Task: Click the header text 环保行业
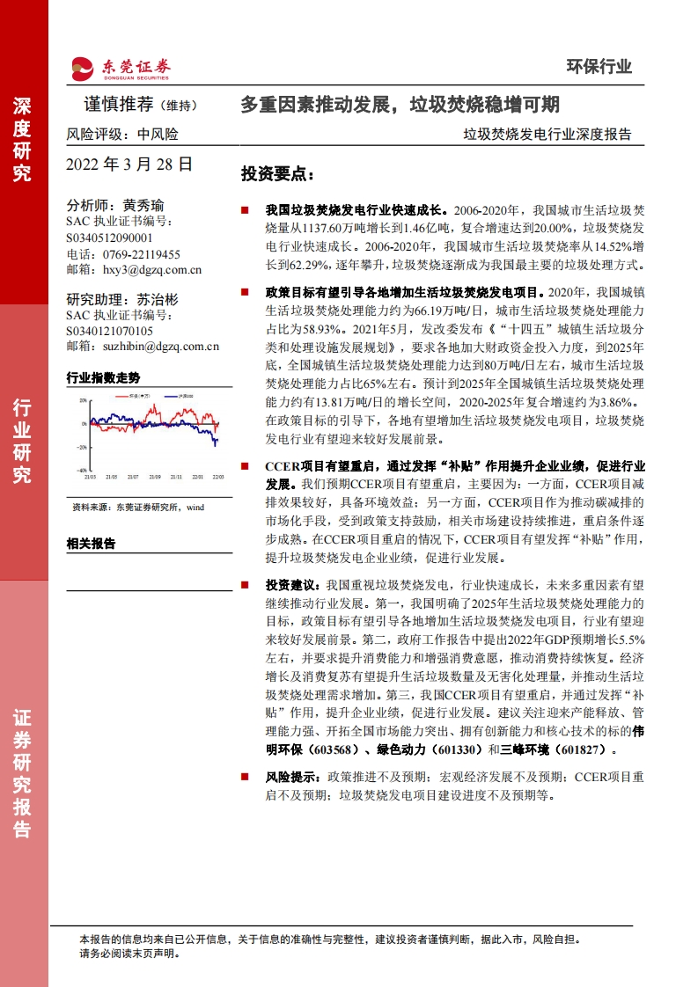click(x=598, y=66)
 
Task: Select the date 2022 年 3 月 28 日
click(x=129, y=164)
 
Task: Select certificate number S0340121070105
click(x=108, y=331)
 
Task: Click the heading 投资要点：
click(x=277, y=173)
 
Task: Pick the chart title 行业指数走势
click(x=103, y=377)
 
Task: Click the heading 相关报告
click(x=91, y=543)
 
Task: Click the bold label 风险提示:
click(x=295, y=778)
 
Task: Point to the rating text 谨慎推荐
click(x=118, y=105)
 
